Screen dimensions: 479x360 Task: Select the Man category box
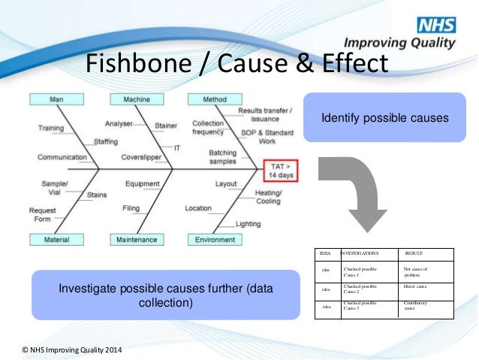click(56, 99)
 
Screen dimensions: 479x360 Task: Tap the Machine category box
click(137, 99)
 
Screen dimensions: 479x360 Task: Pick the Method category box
click(215, 99)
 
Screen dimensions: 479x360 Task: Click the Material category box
click(56, 240)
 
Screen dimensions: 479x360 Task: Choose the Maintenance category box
click(137, 240)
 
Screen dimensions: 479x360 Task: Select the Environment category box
click(215, 240)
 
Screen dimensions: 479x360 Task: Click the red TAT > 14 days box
click(280, 170)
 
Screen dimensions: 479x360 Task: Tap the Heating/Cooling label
click(268, 197)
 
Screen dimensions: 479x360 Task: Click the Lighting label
click(249, 224)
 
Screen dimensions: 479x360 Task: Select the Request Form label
click(43, 214)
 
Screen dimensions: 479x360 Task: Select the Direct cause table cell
click(414, 287)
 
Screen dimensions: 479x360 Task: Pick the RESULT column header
click(414, 253)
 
